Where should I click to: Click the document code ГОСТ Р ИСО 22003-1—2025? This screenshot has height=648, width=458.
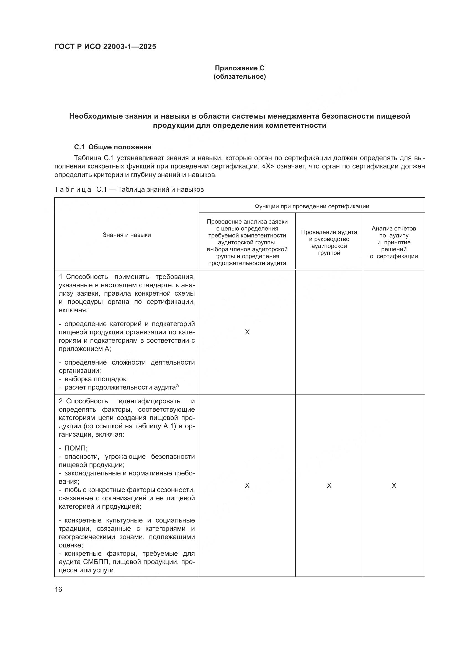(105, 47)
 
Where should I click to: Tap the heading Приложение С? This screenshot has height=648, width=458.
(240, 68)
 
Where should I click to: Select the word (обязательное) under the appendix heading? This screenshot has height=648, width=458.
(240, 76)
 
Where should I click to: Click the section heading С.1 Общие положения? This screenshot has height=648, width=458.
(113, 147)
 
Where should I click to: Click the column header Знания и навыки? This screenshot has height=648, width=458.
(127, 235)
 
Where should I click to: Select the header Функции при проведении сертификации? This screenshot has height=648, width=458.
(312, 206)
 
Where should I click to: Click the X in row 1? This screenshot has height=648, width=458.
(247, 332)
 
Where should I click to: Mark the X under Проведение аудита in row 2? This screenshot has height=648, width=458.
(329, 485)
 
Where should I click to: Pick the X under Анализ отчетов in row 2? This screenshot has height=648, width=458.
(394, 485)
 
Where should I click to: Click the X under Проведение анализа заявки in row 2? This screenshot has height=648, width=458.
(247, 485)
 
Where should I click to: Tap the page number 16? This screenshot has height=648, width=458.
(58, 589)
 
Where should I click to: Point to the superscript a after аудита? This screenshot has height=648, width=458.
(177, 386)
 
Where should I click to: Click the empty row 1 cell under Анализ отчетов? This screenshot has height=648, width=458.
(394, 332)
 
